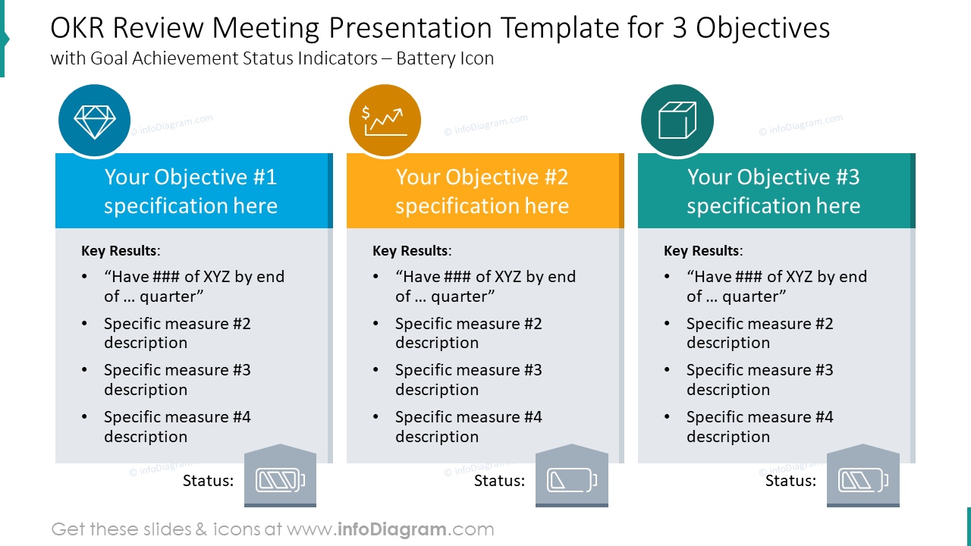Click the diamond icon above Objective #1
point(95,121)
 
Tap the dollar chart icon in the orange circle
point(385,121)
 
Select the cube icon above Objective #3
point(677,121)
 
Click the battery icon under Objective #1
point(280,480)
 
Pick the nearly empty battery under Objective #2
point(571,480)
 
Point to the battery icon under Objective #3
point(863,480)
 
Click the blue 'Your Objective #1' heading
point(191,191)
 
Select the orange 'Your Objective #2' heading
point(482,191)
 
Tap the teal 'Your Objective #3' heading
point(774,191)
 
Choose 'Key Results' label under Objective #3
point(702,251)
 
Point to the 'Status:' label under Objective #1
point(208,481)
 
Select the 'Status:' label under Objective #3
point(790,481)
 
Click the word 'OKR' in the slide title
point(81,29)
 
